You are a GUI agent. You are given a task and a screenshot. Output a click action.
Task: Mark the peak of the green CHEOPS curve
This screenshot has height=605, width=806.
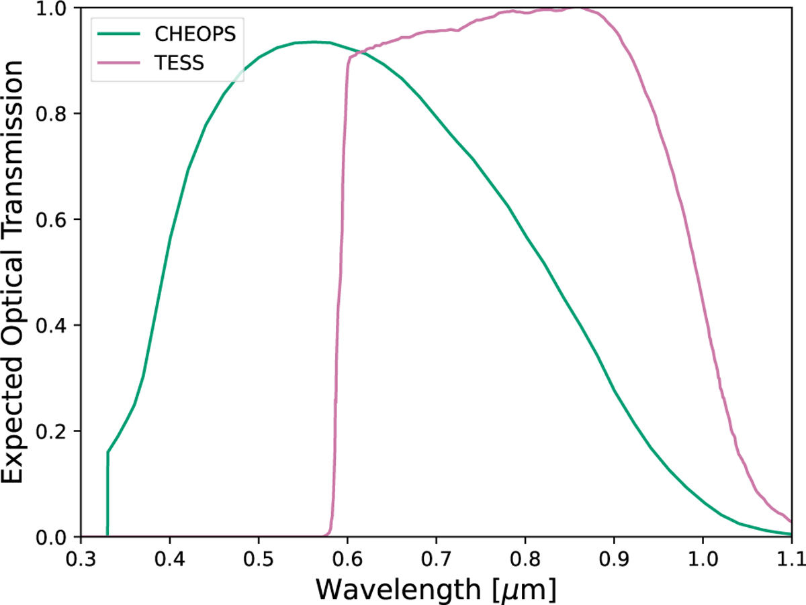[x=313, y=42]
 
